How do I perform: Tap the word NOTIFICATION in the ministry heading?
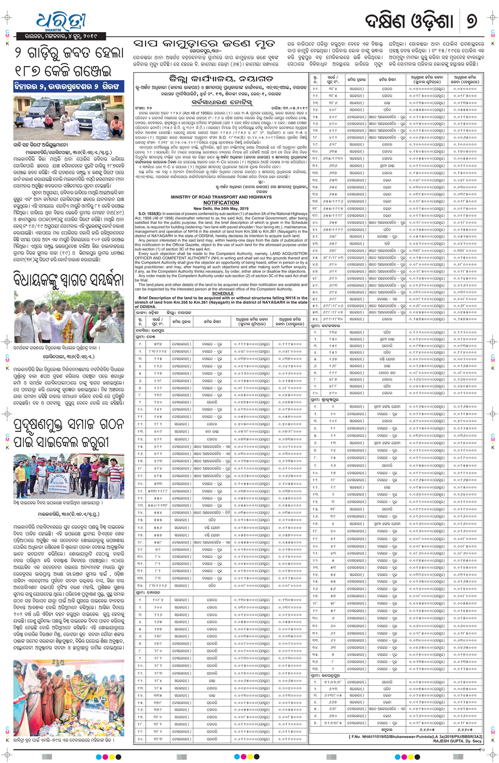221,203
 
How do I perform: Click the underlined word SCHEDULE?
223,293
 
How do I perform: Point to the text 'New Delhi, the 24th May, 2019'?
221,209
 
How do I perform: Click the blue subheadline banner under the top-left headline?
69,86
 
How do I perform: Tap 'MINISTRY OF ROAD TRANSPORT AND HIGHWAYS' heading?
221,197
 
